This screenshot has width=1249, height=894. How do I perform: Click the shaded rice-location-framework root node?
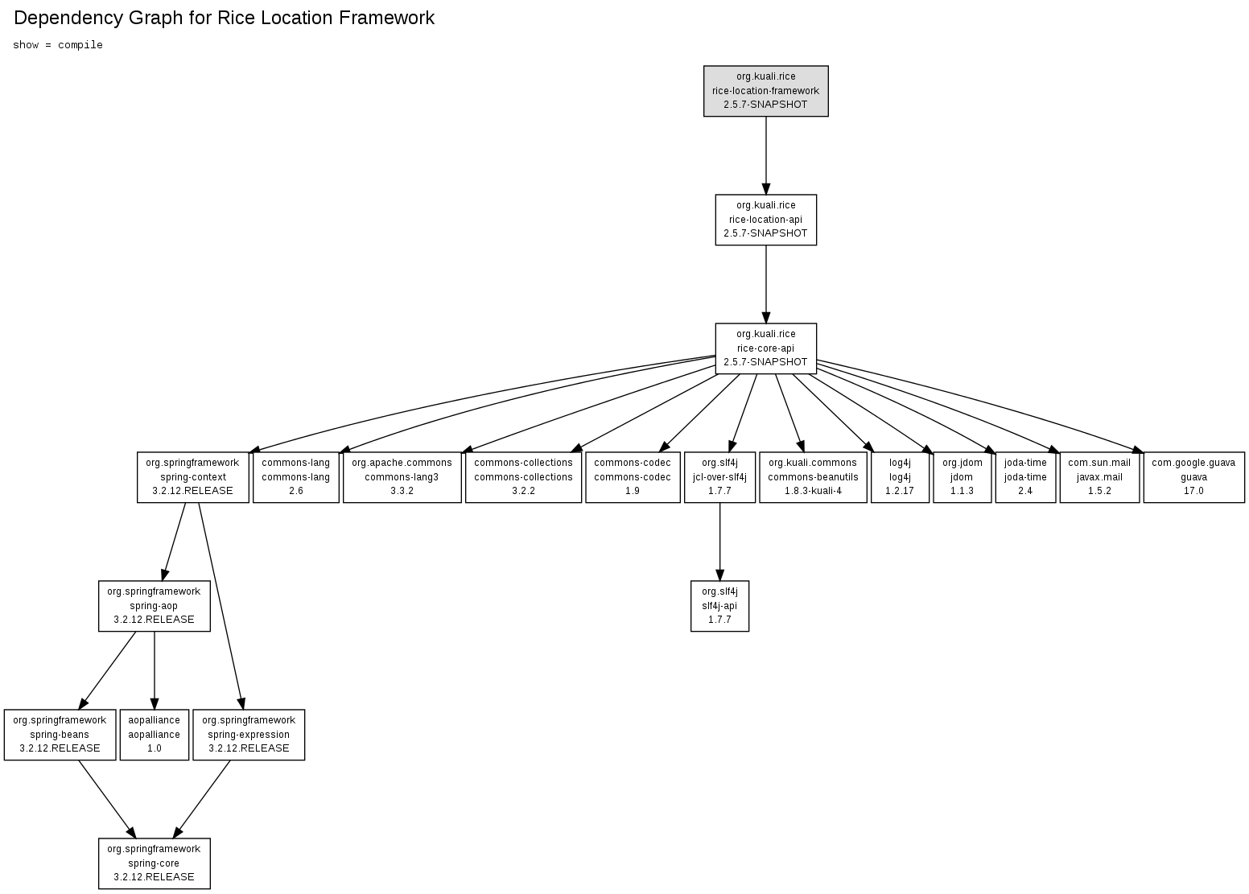pos(765,91)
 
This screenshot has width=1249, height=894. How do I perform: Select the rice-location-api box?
pos(765,220)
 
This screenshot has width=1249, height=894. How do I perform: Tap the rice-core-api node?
pos(765,348)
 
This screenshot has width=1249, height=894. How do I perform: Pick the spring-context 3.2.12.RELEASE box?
pos(192,477)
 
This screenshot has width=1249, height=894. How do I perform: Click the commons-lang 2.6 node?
pos(295,477)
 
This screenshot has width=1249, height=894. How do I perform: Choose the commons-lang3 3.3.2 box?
pos(402,477)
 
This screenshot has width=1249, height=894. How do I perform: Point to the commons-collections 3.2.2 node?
pos(523,477)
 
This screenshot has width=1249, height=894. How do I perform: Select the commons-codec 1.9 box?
pos(633,477)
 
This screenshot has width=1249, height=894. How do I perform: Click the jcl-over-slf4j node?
pos(719,477)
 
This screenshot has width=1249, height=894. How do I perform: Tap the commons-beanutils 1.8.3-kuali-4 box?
pos(813,477)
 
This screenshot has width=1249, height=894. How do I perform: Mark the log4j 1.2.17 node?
pos(900,477)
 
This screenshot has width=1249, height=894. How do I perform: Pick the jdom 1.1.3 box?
pos(962,477)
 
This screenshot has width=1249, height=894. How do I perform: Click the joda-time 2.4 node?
pos(1025,477)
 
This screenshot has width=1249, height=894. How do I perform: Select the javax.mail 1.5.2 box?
pos(1099,477)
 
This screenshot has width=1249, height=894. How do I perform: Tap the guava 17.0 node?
pos(1193,477)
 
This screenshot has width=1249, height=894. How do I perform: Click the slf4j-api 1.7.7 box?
pos(719,606)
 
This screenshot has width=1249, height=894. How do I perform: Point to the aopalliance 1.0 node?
pos(154,735)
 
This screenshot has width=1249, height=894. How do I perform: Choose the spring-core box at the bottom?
pos(154,863)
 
